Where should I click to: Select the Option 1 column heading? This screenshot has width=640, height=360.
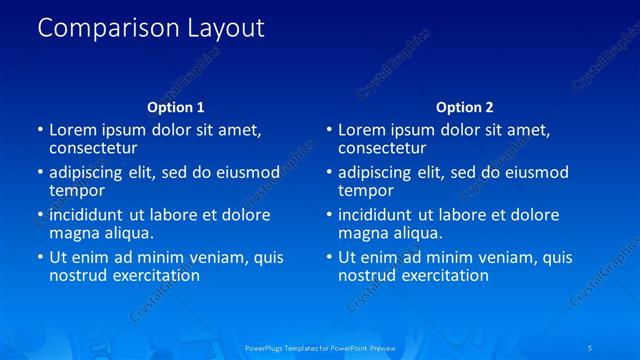(x=176, y=107)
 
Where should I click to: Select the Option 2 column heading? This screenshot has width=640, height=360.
(x=464, y=107)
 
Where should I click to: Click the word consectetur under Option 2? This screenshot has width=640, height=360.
(x=382, y=148)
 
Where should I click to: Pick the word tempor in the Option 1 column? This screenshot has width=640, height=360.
(x=77, y=190)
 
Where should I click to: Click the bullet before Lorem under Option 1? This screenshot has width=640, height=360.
(x=40, y=130)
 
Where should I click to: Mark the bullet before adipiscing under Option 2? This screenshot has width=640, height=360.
(x=329, y=173)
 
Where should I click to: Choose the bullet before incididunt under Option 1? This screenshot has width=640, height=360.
(x=40, y=216)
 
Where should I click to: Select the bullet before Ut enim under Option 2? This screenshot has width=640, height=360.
(x=329, y=258)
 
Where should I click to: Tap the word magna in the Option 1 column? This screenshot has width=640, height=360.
(x=73, y=233)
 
